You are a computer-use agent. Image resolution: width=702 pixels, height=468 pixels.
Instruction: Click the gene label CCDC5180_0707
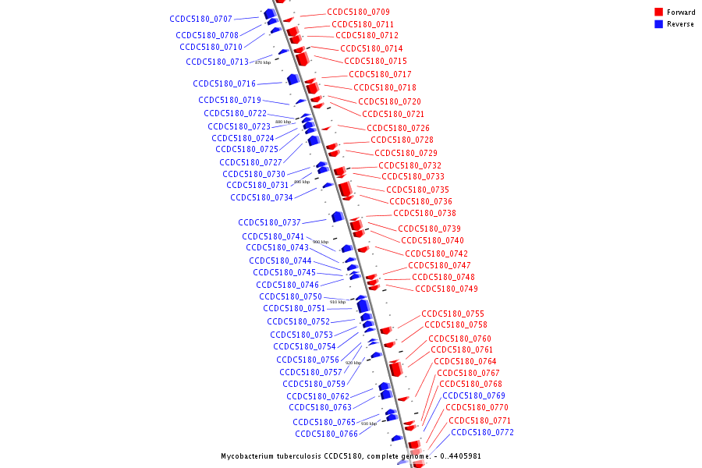pos(200,19)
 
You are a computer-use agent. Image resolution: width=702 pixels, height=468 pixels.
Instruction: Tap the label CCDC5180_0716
pos(224,83)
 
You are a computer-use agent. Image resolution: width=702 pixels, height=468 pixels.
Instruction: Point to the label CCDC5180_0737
pos(269,222)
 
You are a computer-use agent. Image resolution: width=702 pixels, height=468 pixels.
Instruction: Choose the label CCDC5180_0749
pos(446,289)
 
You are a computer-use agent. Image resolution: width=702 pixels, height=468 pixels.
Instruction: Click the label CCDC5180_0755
pos(452,314)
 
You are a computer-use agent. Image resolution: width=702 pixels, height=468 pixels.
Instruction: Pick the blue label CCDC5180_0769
pos(473,395)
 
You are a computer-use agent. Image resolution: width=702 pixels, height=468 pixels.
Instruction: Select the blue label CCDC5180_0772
pos(482,432)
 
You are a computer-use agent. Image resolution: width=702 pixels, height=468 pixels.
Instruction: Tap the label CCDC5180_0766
pos(326,434)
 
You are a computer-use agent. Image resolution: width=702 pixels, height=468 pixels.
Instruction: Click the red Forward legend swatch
pos(658,12)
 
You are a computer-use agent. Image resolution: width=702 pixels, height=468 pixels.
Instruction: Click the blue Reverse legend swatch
pos(658,24)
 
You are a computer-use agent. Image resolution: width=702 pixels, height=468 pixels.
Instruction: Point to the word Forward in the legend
pos(681,12)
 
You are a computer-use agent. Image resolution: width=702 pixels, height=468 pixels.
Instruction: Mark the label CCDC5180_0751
pos(294,308)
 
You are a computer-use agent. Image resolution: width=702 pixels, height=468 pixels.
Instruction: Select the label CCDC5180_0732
pos(409,165)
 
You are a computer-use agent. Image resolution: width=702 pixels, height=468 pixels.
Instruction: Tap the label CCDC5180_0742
pos(436,253)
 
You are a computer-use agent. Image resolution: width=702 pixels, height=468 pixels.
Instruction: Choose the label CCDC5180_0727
pos(250,162)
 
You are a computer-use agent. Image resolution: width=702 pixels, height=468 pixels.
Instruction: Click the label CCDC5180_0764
pos(465,361)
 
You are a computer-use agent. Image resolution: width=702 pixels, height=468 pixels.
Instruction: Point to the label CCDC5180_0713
pos(217,62)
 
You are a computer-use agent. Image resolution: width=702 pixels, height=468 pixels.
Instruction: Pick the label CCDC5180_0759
pos(314,384)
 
